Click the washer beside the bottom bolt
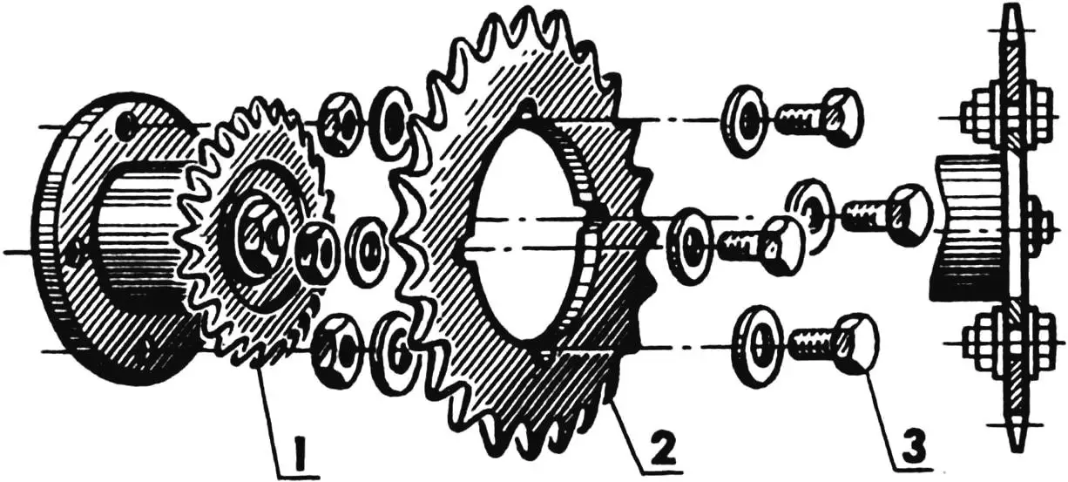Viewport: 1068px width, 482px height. [757, 341]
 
